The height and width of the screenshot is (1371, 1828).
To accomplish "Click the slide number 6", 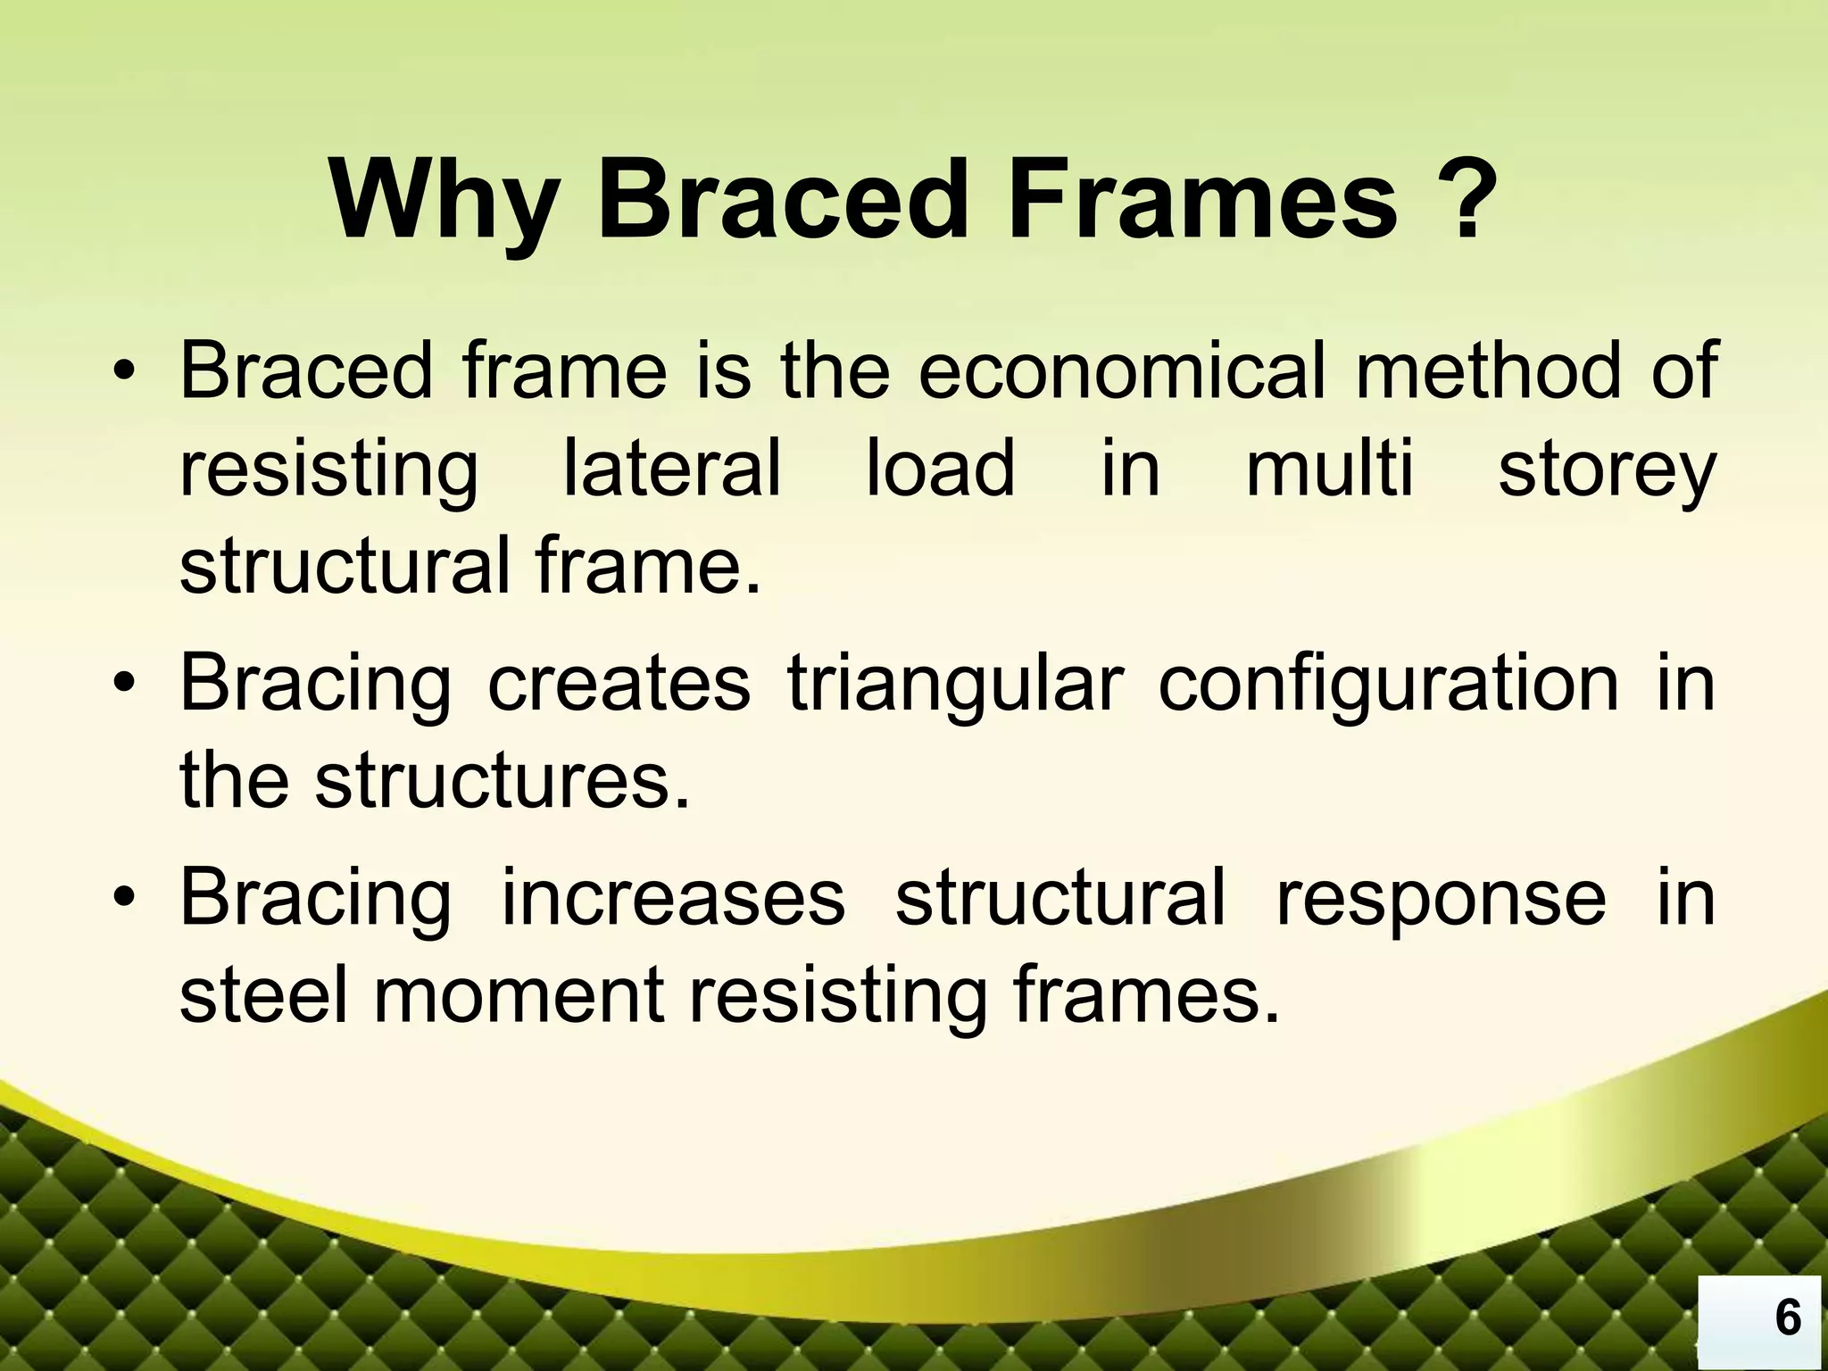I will (1788, 1317).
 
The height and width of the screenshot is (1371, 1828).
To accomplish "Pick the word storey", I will (1607, 471).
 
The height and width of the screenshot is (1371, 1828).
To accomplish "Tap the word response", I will (1441, 900).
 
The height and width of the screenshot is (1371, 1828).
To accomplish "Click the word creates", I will (619, 684).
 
